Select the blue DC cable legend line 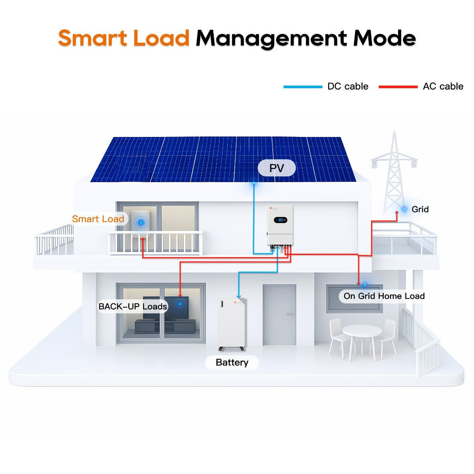[x=302, y=87]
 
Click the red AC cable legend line [x=398, y=87]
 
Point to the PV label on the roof [x=276, y=168]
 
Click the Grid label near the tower [x=420, y=209]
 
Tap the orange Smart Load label [x=98, y=219]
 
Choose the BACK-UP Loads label [x=133, y=306]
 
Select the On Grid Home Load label [x=384, y=296]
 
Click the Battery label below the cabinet [x=232, y=363]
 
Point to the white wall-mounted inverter [x=280, y=226]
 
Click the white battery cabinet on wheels [x=232, y=323]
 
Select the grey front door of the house [x=279, y=314]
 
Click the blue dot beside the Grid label [x=404, y=209]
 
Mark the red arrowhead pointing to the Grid [x=397, y=218]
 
